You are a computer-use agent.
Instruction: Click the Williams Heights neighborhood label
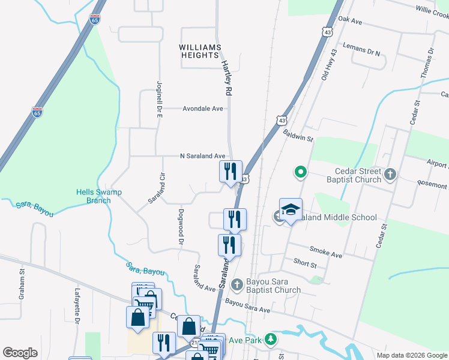pyautogui.click(x=199, y=51)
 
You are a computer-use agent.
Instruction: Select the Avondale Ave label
pyautogui.click(x=203, y=109)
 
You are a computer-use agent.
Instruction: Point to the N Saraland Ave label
pyautogui.click(x=203, y=156)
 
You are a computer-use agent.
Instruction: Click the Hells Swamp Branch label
pyautogui.click(x=99, y=196)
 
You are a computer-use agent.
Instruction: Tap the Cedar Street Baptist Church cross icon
pyautogui.click(x=390, y=175)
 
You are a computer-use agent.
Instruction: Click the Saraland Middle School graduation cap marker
pyautogui.click(x=291, y=210)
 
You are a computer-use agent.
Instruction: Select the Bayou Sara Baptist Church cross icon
pyautogui.click(x=237, y=283)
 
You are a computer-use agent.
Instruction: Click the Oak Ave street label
pyautogui.click(x=351, y=20)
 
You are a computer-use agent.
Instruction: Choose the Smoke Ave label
pyautogui.click(x=325, y=252)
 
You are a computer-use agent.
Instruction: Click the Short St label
pyautogui.click(x=305, y=263)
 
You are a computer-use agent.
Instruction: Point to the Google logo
pyautogui.click(x=20, y=352)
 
